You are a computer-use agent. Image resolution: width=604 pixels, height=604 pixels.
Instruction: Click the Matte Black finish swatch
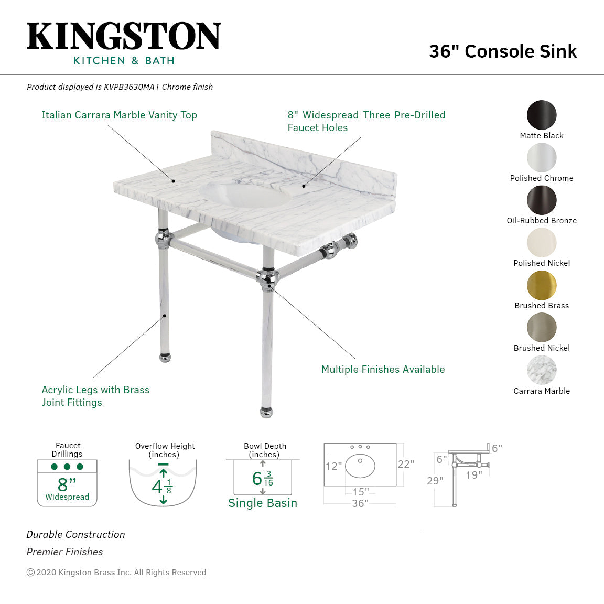tap(542, 115)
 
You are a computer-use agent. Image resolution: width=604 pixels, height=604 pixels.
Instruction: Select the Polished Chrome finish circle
tap(542, 157)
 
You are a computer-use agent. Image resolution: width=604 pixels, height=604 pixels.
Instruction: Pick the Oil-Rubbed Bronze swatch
tap(542, 200)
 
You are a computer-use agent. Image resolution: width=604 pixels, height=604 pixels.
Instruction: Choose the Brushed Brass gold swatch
tap(542, 285)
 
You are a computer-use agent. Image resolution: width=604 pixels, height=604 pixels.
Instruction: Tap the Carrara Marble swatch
tap(542, 370)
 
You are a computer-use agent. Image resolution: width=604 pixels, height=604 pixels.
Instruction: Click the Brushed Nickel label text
tap(542, 348)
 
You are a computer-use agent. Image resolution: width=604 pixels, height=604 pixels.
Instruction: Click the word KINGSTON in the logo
tap(124, 37)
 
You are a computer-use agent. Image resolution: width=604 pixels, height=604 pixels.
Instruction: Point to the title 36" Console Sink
tap(503, 51)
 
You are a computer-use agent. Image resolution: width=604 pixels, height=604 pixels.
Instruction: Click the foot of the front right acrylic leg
tap(267, 412)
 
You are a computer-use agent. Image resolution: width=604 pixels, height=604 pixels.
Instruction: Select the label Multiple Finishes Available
tap(383, 370)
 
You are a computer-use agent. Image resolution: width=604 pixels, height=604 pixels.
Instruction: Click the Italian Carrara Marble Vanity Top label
tap(119, 115)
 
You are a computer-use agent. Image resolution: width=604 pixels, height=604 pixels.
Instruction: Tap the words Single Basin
tap(263, 503)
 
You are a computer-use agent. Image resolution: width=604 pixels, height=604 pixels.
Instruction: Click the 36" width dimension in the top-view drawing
tap(360, 503)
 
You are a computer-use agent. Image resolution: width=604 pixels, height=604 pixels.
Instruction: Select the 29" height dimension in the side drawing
tap(435, 481)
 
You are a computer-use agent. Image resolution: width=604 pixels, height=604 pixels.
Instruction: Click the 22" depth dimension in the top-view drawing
tap(406, 464)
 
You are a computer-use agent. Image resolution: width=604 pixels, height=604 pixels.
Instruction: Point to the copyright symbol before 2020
tap(30, 573)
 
